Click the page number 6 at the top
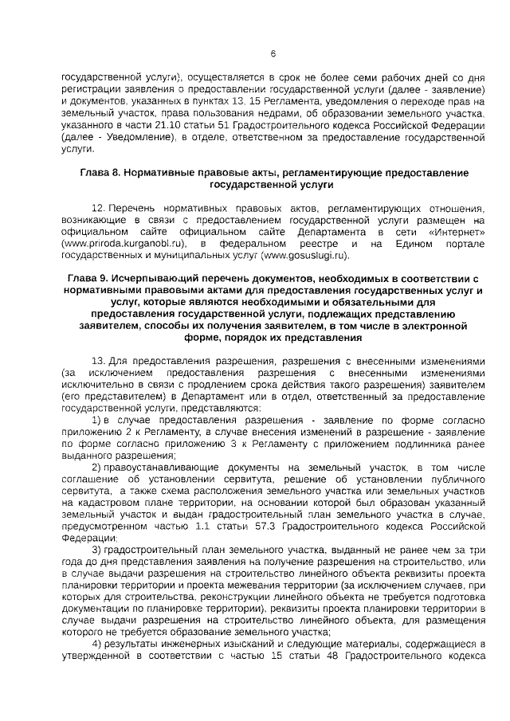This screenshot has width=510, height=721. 273,54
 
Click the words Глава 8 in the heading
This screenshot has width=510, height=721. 101,173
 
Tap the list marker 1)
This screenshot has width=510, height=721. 97,420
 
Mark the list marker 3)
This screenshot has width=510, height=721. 97,551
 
